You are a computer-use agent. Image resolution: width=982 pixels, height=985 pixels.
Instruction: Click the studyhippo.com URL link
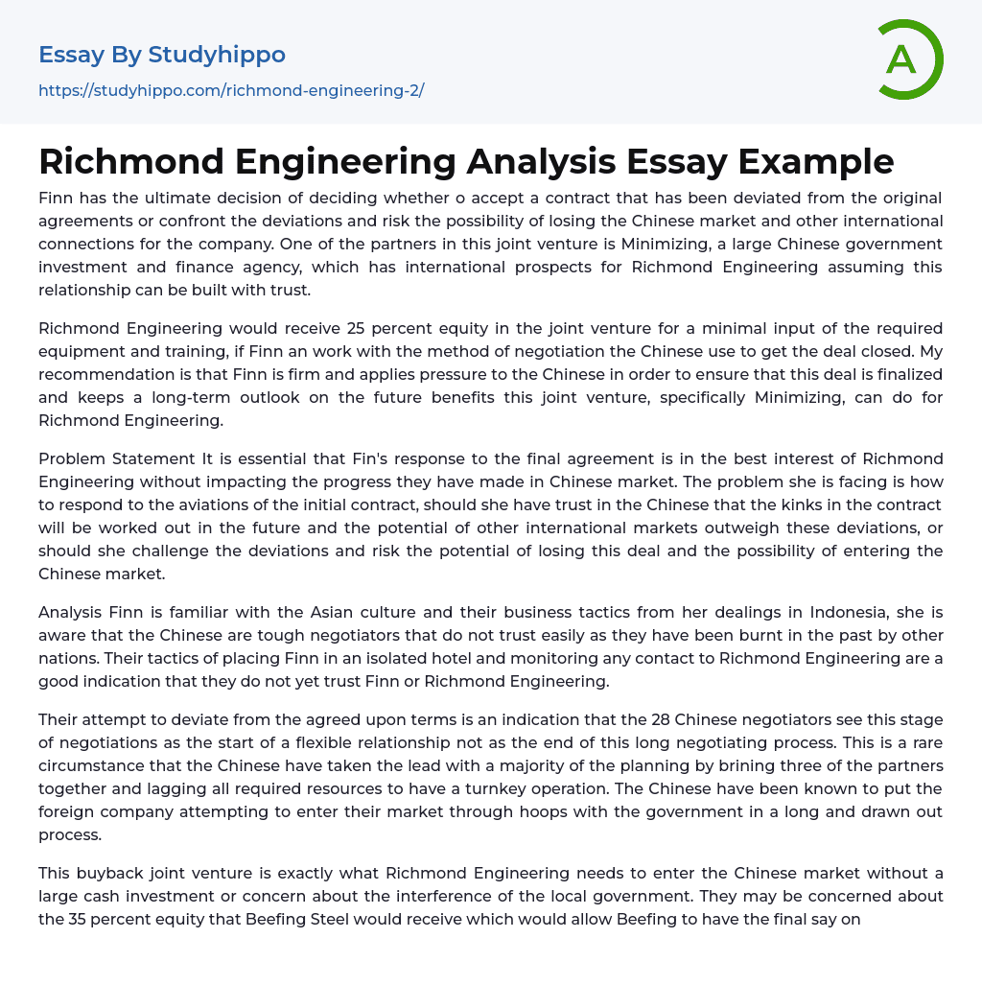pyautogui.click(x=231, y=90)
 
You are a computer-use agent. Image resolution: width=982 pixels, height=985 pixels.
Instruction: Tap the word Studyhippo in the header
pyautogui.click(x=217, y=55)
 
